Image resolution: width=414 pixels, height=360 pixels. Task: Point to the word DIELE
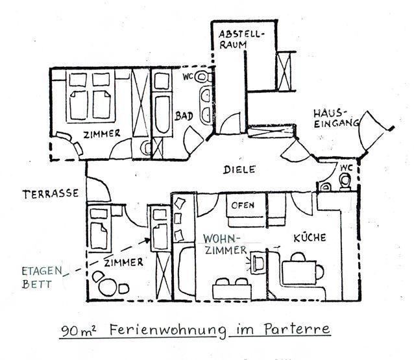coord(239,169)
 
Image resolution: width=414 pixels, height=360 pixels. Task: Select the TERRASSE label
coord(50,193)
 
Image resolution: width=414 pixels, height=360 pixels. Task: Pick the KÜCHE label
coord(309,237)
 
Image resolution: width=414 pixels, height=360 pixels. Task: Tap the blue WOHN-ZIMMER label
coord(224,243)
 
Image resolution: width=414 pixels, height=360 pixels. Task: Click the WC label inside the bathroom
coord(188,77)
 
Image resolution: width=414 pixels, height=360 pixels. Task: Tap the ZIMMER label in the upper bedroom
coord(101,134)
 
